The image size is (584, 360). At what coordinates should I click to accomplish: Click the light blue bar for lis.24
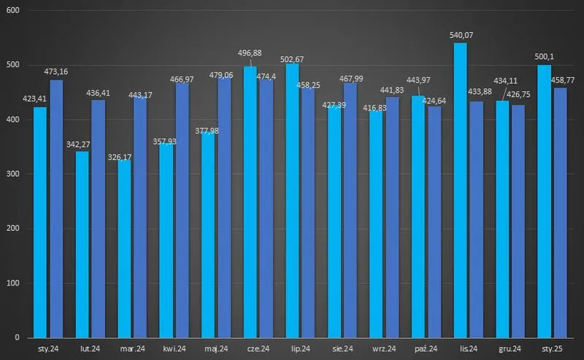(x=460, y=190)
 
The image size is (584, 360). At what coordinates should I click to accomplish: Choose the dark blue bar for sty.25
(x=560, y=212)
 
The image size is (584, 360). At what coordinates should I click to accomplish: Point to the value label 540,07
(x=460, y=34)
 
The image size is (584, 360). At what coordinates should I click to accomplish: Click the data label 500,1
(x=543, y=58)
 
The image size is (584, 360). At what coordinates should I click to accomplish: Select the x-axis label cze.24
(x=258, y=349)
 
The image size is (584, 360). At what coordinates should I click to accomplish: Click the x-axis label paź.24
(x=426, y=349)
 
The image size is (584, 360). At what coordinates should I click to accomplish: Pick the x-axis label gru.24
(x=510, y=349)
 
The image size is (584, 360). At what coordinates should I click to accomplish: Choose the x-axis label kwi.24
(x=174, y=349)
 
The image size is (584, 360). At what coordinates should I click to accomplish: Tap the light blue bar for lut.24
(x=82, y=245)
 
